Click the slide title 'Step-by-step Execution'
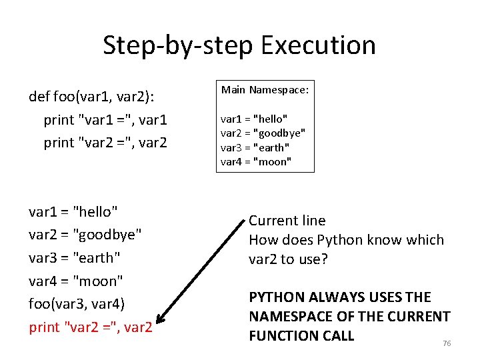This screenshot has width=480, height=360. (x=239, y=45)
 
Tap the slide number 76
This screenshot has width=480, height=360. (x=447, y=343)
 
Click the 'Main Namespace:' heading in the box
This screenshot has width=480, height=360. (x=265, y=89)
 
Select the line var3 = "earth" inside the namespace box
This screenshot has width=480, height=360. (x=255, y=147)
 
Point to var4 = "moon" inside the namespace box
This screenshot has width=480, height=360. (x=255, y=161)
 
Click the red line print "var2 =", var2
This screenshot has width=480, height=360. (x=91, y=327)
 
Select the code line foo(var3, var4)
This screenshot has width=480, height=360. (x=77, y=304)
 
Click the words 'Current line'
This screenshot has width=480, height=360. (x=287, y=221)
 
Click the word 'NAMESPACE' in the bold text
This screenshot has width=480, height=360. (x=285, y=317)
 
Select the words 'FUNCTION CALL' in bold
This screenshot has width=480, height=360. (x=301, y=335)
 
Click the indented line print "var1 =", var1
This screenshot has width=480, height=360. (x=105, y=121)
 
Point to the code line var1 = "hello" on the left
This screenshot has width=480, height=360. (x=73, y=212)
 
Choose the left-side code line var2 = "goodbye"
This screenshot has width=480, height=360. (x=85, y=235)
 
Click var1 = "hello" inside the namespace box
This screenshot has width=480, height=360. (x=253, y=119)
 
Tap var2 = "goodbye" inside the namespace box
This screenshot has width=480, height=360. (x=263, y=133)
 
